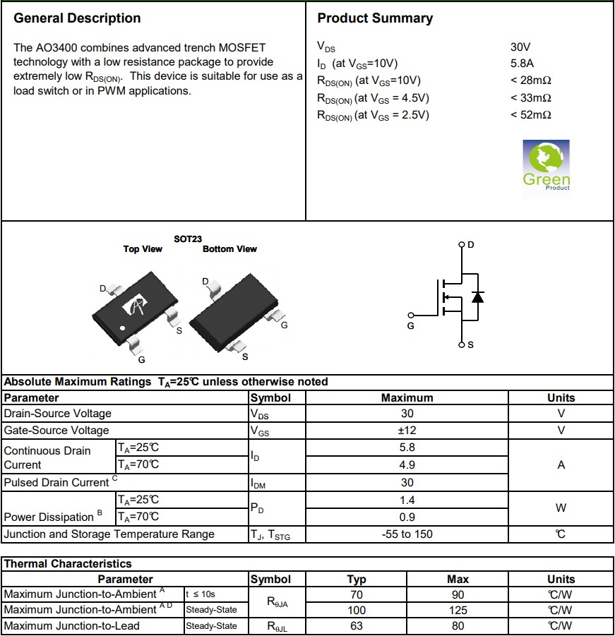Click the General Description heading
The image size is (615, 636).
point(77,18)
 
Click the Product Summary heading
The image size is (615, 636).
point(375,18)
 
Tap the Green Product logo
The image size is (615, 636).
point(546,165)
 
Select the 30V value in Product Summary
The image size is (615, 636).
point(520,47)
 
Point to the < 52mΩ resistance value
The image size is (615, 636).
point(530,115)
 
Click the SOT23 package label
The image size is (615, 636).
point(188,239)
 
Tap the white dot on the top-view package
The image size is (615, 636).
point(122,328)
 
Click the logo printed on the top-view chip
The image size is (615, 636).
point(135,305)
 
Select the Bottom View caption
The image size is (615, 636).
point(229,249)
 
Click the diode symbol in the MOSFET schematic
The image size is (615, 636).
point(477,296)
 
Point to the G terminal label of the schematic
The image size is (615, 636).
point(410,326)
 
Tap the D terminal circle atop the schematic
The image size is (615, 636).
point(462,245)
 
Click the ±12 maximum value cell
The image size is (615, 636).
point(407,431)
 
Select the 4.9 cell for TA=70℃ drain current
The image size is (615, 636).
point(407,465)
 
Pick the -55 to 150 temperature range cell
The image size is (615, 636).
point(407,534)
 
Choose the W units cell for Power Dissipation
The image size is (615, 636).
point(561,508)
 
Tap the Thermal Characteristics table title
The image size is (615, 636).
point(68,564)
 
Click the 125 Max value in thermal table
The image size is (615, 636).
point(458,610)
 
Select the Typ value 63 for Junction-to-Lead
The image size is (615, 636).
point(357,626)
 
